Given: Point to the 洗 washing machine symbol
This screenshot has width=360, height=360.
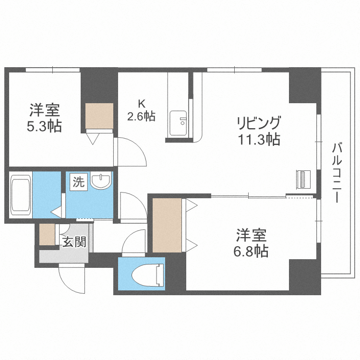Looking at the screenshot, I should click(x=78, y=182).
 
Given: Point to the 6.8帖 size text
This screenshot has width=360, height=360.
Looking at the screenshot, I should click(x=252, y=251).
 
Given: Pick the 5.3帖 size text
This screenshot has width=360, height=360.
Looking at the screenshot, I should click(x=45, y=126).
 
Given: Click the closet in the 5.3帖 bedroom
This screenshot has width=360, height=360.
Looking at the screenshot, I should click(x=99, y=116).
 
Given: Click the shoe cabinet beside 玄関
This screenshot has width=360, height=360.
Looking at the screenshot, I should click(x=47, y=235).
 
